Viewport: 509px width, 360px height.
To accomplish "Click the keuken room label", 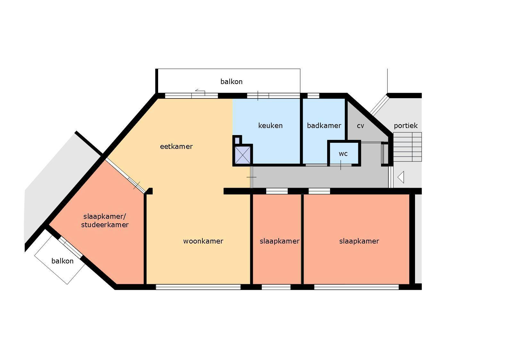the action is pyautogui.click(x=270, y=126).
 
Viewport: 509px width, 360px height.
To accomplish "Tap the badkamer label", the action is pyautogui.click(x=324, y=126).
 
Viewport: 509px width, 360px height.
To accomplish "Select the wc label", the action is pyautogui.click(x=343, y=154).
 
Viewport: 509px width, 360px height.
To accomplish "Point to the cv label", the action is pyautogui.click(x=361, y=126).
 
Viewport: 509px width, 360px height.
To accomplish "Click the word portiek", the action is pyautogui.click(x=406, y=126).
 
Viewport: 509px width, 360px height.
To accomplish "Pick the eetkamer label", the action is pyautogui.click(x=176, y=147).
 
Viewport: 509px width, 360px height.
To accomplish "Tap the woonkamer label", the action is pyautogui.click(x=203, y=241).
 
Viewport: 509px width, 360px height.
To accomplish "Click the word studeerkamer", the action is pyautogui.click(x=105, y=225).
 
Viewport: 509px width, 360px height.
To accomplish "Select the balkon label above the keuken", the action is pyautogui.click(x=231, y=81).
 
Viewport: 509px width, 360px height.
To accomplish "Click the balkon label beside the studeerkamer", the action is pyautogui.click(x=63, y=261).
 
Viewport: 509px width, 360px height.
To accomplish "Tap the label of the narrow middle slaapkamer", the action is pyautogui.click(x=279, y=241).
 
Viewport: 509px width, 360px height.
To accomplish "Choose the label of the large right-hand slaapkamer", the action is pyautogui.click(x=359, y=241).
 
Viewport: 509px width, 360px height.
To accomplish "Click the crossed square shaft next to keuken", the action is pyautogui.click(x=242, y=155).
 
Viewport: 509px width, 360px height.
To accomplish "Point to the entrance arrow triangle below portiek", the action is pyautogui.click(x=401, y=177).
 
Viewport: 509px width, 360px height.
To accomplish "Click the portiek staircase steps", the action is pyautogui.click(x=407, y=147).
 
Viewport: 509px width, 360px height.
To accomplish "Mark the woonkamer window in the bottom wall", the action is pyautogui.click(x=198, y=287).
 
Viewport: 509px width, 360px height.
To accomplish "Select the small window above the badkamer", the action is pyautogui.click(x=313, y=96).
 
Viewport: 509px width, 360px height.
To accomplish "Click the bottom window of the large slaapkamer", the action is pyautogui.click(x=356, y=287).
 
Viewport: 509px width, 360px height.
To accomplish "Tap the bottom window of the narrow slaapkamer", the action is pyautogui.click(x=276, y=287).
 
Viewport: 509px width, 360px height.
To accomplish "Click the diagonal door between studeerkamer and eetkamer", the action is pyautogui.click(x=125, y=176).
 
